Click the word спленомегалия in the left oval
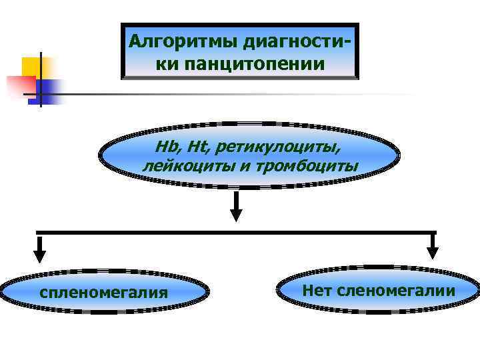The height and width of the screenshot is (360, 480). (x=103, y=292)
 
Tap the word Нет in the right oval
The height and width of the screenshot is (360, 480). (x=317, y=290)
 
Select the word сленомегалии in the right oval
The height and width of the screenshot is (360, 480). (x=396, y=290)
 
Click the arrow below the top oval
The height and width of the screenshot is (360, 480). (x=235, y=207)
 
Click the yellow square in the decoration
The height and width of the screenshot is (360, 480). (x=32, y=67)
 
